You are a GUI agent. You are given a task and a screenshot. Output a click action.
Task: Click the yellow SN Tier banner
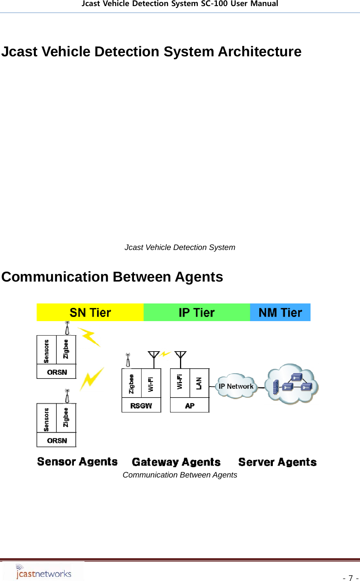tap(90, 312)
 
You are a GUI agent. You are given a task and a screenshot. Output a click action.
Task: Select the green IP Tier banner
tap(197, 312)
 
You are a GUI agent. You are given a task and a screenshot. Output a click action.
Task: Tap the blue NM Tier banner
tap(280, 312)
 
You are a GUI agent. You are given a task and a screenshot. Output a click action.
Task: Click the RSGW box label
tap(141, 406)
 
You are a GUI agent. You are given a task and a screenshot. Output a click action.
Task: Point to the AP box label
tap(190, 406)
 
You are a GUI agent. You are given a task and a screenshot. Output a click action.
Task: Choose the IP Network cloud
tap(236, 386)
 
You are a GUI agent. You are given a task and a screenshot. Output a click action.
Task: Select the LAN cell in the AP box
tap(199, 383)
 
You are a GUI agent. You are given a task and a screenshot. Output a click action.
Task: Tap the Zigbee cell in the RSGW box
tap(132, 384)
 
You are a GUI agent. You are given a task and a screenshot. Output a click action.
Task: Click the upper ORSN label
tap(57, 372)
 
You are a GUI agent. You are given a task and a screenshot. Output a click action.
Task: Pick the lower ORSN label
tap(57, 440)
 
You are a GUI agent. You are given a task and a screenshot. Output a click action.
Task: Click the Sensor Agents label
tap(77, 462)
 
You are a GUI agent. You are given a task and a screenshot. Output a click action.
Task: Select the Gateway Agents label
tap(176, 462)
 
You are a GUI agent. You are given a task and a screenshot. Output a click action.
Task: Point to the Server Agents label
tap(277, 462)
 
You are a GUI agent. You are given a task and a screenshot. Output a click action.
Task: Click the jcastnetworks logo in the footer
tap(43, 572)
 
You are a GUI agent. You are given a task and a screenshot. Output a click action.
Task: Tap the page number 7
tap(350, 578)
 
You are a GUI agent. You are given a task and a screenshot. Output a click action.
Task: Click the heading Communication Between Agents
tap(112, 277)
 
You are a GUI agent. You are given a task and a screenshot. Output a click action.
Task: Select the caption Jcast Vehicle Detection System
tap(180, 247)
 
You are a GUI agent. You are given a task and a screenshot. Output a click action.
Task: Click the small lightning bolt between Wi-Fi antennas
tap(165, 354)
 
